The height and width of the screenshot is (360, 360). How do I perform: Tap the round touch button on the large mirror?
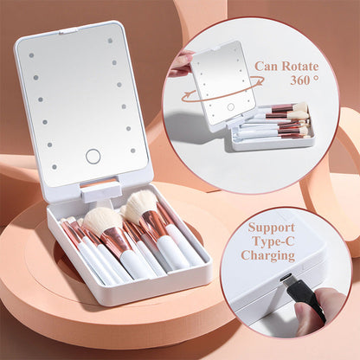point(93,157)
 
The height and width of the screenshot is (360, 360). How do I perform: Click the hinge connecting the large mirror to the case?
point(100,189)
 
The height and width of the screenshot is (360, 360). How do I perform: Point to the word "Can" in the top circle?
point(266,67)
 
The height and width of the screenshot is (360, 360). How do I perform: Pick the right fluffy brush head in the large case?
point(140,207)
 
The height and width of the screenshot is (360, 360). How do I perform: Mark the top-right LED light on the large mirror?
point(111,40)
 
